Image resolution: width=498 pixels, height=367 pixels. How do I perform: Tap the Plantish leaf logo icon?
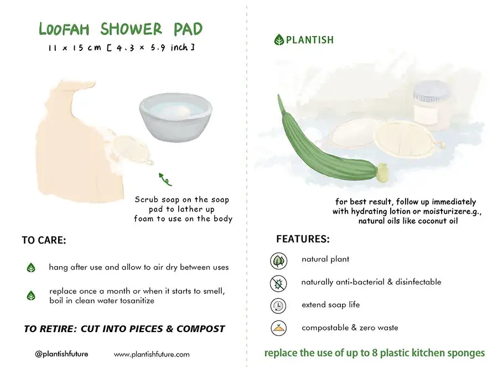click(279, 40)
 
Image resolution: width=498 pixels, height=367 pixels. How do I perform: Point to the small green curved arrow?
click(165, 179)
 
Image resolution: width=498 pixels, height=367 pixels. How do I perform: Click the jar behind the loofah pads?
click(432, 104)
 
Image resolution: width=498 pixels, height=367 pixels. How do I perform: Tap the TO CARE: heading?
click(44, 240)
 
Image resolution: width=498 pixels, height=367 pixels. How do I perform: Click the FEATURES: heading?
click(303, 239)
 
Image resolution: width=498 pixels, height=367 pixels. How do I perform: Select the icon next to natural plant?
click(278, 260)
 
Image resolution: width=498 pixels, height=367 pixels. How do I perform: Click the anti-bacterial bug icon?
click(278, 283)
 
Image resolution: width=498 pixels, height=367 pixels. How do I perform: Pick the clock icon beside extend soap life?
click(278, 306)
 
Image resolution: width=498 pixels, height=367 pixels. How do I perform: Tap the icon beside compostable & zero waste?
click(278, 328)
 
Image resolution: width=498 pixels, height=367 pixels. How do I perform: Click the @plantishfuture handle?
click(61, 354)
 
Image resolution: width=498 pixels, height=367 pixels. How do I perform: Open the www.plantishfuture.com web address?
click(152, 354)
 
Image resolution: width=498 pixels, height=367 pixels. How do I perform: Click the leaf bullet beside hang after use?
click(31, 268)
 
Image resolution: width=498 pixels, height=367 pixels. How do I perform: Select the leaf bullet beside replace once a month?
click(31, 296)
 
